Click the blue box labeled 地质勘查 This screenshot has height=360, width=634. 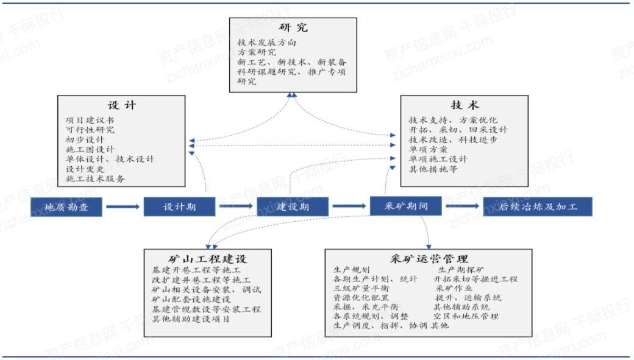(x=66, y=206)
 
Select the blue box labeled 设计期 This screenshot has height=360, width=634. (x=179, y=206)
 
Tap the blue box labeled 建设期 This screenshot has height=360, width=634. (x=293, y=206)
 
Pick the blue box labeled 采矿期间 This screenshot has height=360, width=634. (x=407, y=206)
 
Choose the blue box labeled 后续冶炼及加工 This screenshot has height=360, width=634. (x=537, y=206)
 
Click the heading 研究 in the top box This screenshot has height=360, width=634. (x=293, y=27)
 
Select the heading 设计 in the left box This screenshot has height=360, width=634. (x=122, y=105)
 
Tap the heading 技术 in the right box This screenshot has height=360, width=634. (x=465, y=105)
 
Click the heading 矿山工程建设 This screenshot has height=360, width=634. (x=208, y=259)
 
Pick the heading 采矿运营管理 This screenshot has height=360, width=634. (x=429, y=259)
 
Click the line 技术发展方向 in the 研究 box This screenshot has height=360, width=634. (x=267, y=43)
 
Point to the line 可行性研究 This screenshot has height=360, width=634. (x=90, y=130)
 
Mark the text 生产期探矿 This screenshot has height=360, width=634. (x=460, y=269)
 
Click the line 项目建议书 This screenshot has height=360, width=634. (x=90, y=120)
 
